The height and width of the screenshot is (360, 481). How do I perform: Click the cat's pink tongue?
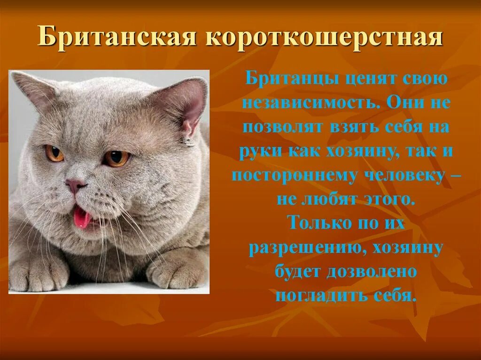tap(82, 217)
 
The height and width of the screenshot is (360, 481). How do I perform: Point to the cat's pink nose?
tap(75, 184)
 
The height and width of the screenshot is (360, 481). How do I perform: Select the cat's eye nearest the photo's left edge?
tap(54, 153)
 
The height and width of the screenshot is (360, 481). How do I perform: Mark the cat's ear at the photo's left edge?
tap(33, 89)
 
